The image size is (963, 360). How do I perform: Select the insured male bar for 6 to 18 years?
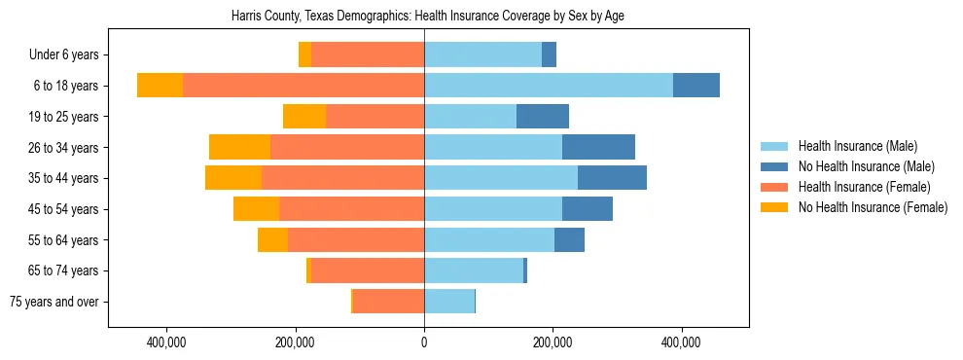click(x=548, y=86)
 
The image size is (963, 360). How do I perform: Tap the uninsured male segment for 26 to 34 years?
click(x=598, y=147)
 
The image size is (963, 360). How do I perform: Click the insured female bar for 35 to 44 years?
click(x=342, y=178)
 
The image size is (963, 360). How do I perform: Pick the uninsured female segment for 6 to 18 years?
click(x=160, y=86)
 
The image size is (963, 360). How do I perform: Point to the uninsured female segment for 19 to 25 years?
click(x=304, y=117)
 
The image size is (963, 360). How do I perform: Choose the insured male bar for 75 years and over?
click(x=449, y=302)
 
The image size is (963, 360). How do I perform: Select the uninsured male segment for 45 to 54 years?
click(x=588, y=209)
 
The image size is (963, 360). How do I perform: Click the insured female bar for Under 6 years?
click(x=368, y=54)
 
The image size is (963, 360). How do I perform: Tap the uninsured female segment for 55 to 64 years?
click(x=272, y=240)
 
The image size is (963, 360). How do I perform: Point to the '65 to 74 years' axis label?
click(x=63, y=270)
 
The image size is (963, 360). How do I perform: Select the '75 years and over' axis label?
click(x=53, y=302)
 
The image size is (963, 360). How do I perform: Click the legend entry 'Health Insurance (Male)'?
click(x=857, y=147)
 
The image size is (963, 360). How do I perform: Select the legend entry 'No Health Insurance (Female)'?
click(x=873, y=207)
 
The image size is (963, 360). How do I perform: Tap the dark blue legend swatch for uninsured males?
click(x=775, y=167)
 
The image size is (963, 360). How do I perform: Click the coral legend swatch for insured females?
click(x=775, y=187)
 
